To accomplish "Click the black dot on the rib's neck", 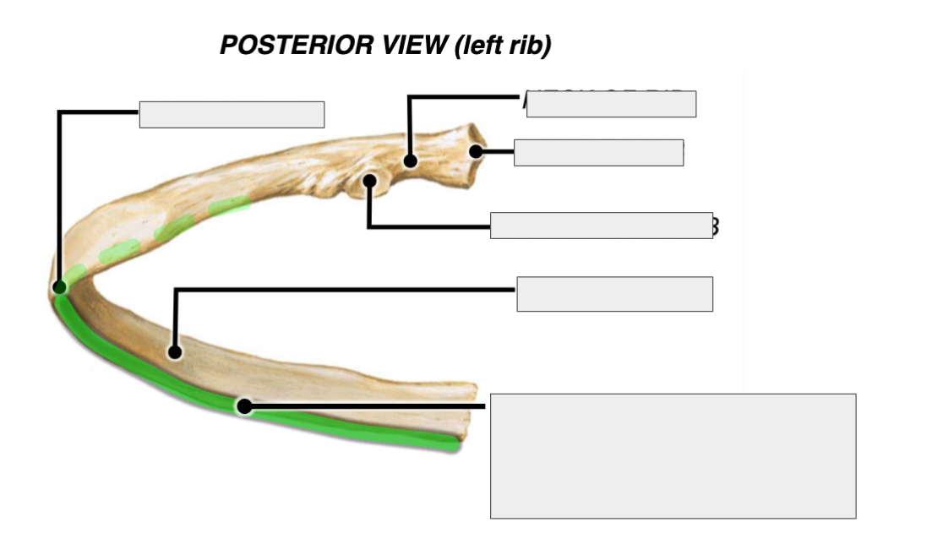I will (x=410, y=160).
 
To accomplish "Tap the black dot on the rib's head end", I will (x=477, y=152).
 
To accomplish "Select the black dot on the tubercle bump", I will (x=369, y=181).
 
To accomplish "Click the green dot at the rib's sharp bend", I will (x=60, y=287).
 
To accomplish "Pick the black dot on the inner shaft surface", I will (x=174, y=351).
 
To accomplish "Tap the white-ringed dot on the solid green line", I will (x=244, y=407).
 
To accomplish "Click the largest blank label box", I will (x=673, y=455).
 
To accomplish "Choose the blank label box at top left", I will (x=232, y=114).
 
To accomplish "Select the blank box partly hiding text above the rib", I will (x=611, y=103).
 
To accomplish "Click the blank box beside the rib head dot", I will (x=598, y=153).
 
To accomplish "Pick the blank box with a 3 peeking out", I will (x=601, y=226).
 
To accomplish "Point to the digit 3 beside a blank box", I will (x=716, y=226).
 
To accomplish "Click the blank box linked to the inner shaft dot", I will (x=614, y=294).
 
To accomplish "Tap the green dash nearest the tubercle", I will (x=229, y=204).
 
